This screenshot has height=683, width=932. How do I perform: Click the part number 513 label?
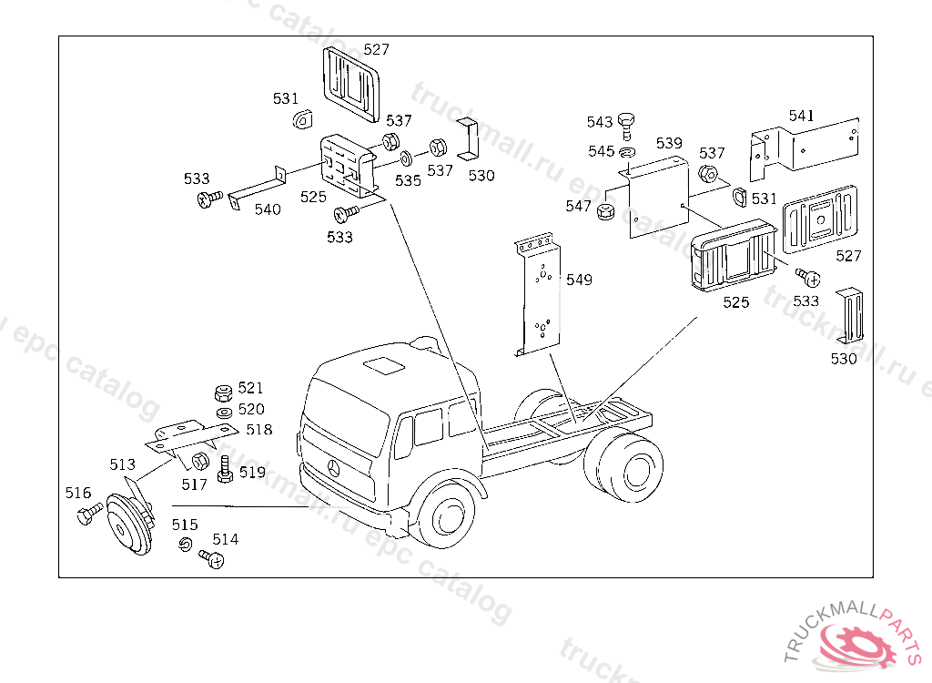point(122,464)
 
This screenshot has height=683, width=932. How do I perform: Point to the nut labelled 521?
point(222,393)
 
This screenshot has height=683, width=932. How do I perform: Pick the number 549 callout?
point(579,280)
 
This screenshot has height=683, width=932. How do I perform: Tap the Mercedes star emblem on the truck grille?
point(334,469)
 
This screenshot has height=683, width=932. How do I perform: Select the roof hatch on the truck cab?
point(382,365)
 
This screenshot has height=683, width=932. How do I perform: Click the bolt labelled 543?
point(626,124)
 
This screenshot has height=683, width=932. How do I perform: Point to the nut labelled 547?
point(603,212)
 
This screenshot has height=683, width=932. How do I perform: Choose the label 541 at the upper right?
point(802,116)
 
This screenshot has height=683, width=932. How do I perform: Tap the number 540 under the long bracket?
point(268,209)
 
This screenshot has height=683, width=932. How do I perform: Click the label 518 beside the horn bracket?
point(258,429)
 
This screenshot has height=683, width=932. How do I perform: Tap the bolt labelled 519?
point(225,470)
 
